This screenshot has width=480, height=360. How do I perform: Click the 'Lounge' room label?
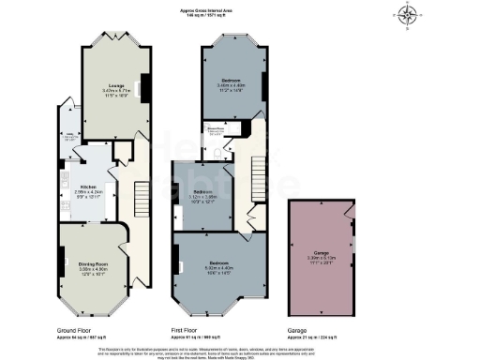click(x=116, y=83)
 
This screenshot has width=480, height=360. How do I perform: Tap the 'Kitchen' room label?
click(x=89, y=186)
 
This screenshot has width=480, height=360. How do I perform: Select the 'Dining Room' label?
click(x=91, y=264)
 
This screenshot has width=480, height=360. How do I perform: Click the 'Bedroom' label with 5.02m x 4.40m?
click(x=219, y=262)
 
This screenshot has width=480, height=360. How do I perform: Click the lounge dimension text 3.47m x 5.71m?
click(x=116, y=90)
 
